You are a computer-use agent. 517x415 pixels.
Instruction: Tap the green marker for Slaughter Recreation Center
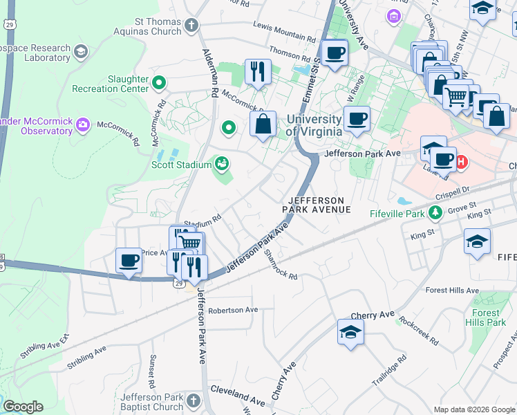click(160, 84)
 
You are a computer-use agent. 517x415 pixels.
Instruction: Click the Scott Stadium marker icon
click(221, 164)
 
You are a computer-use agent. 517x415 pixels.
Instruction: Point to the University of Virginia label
click(314, 125)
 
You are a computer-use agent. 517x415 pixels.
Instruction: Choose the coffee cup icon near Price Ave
click(129, 259)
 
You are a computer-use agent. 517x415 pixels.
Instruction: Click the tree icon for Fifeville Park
click(435, 211)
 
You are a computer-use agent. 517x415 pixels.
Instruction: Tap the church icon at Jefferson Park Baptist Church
click(193, 401)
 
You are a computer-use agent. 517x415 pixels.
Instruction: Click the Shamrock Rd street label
click(281, 265)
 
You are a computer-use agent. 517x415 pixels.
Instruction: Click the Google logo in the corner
click(24, 407)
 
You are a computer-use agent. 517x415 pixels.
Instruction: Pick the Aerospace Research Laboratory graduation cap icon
click(81, 53)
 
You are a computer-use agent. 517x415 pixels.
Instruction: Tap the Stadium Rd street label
click(202, 223)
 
